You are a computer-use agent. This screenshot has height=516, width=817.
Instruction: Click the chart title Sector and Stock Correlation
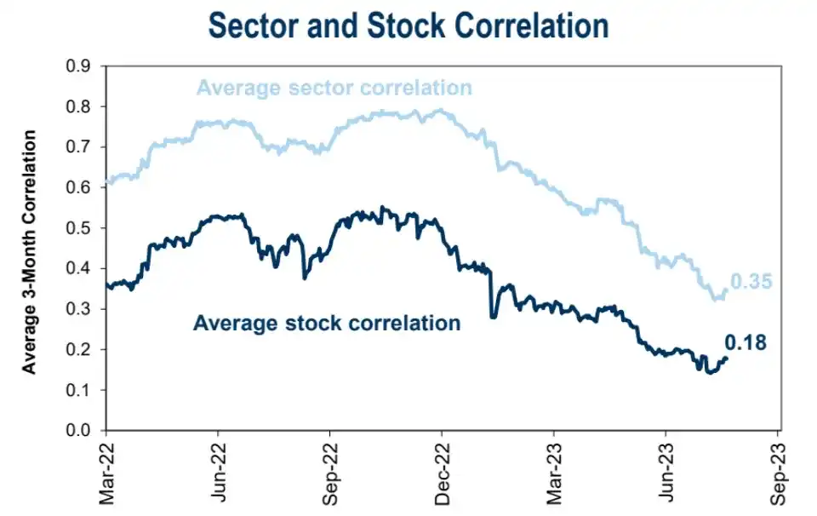click(x=408, y=26)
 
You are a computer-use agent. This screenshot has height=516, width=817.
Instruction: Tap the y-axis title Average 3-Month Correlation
click(x=30, y=252)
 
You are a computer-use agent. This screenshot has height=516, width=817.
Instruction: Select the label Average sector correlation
click(x=334, y=88)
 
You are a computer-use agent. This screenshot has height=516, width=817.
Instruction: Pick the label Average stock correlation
click(x=327, y=324)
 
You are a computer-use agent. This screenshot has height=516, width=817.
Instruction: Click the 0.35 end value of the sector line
click(x=751, y=281)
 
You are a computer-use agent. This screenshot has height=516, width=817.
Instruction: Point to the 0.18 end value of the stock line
click(x=746, y=343)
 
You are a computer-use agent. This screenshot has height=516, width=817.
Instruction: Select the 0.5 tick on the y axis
click(x=83, y=228)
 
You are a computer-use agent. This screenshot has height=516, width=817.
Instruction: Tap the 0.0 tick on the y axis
click(x=83, y=431)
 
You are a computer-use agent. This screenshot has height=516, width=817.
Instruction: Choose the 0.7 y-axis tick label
click(x=83, y=147)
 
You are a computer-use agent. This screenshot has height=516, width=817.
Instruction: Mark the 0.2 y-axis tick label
click(x=83, y=350)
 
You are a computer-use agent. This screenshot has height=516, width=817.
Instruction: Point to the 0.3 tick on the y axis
click(x=83, y=309)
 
